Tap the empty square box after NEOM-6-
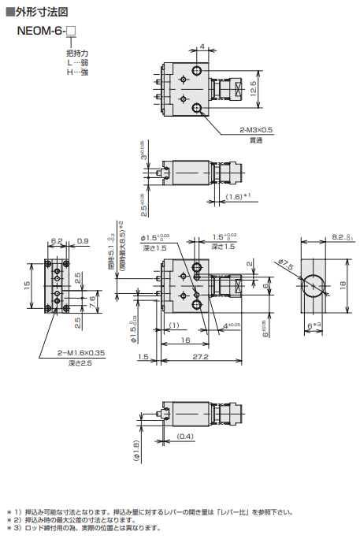click(x=72, y=32)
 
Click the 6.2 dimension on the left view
click(x=56, y=240)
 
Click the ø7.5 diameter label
click(x=284, y=265)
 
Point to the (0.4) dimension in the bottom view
click(x=186, y=436)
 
